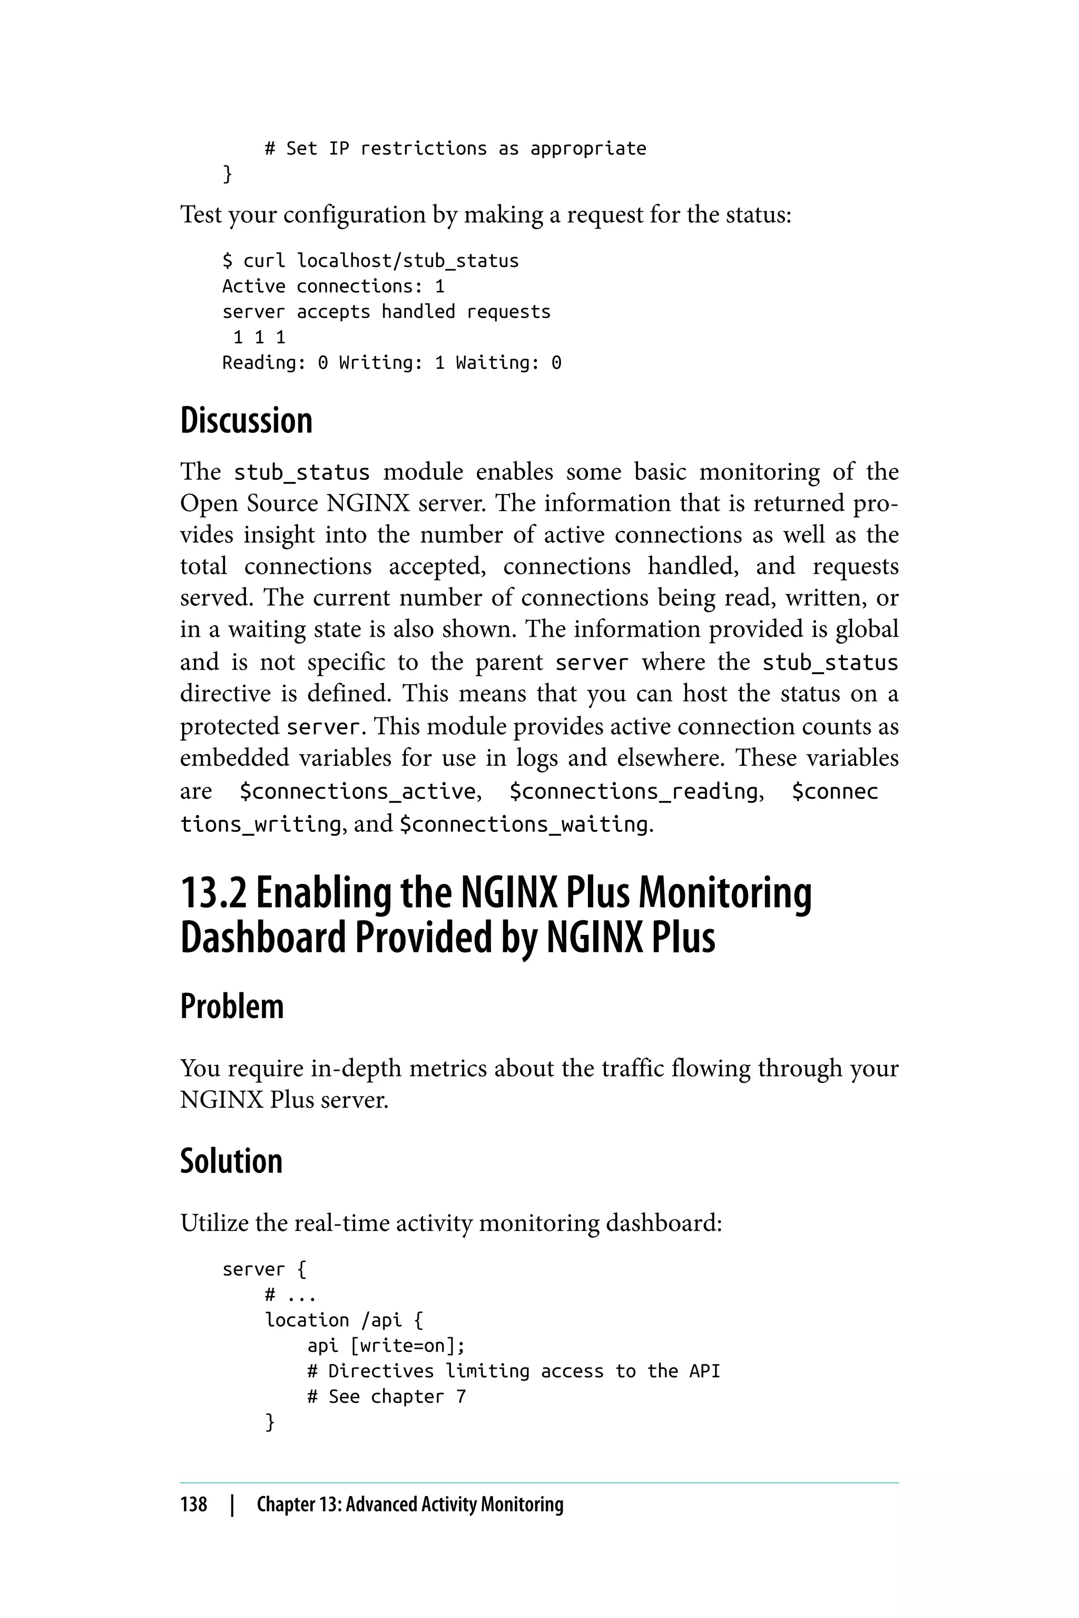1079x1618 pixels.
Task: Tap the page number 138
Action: (x=193, y=1504)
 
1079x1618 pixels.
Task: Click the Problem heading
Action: (x=231, y=1007)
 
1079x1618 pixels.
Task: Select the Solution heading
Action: (x=231, y=1161)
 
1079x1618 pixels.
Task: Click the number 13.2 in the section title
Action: (x=213, y=893)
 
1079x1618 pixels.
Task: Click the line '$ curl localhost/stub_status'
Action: (x=370, y=261)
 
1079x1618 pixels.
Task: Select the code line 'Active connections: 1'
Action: (x=333, y=286)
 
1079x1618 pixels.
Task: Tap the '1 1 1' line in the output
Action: (x=259, y=337)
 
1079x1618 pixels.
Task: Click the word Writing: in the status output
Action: (x=380, y=362)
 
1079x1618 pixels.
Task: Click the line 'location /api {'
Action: (x=344, y=1319)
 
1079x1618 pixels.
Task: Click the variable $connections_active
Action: (x=358, y=792)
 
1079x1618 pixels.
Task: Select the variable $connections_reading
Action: (x=633, y=792)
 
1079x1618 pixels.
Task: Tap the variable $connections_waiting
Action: (x=524, y=824)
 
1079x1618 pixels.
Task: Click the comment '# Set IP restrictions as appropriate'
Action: (x=455, y=149)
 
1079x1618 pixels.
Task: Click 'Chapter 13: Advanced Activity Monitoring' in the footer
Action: (x=409, y=1504)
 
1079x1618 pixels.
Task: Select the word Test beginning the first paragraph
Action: (x=200, y=215)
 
